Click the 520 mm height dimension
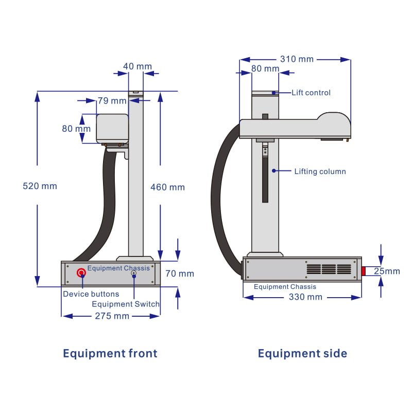(x=40, y=186)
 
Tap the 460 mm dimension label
(x=167, y=187)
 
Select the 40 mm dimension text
(x=138, y=66)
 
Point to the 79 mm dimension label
(x=112, y=100)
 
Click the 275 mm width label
(x=112, y=316)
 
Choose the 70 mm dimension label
(x=180, y=273)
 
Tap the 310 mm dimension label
(x=296, y=59)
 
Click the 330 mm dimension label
(x=305, y=297)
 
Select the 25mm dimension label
(x=387, y=271)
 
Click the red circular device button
(x=81, y=272)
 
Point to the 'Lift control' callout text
(x=311, y=93)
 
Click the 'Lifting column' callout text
(x=320, y=171)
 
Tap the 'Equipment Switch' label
(x=126, y=304)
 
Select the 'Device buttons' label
(x=91, y=294)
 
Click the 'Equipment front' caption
(x=110, y=353)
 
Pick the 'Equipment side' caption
(x=302, y=353)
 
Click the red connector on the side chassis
(x=363, y=271)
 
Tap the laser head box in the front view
(x=112, y=128)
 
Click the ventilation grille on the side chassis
(x=329, y=269)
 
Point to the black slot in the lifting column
(x=265, y=180)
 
